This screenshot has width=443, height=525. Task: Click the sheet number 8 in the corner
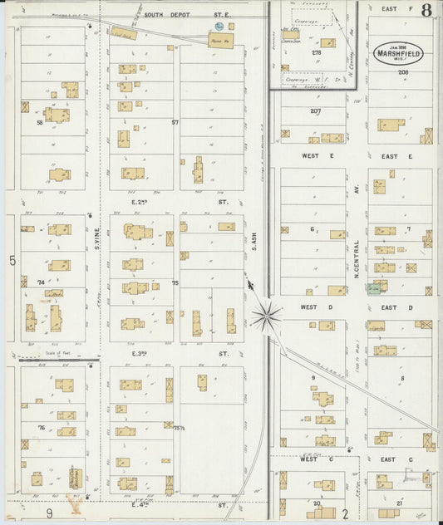tap(426, 11)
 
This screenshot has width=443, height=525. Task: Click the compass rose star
tap(267, 314)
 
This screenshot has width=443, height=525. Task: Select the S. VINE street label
tap(96, 244)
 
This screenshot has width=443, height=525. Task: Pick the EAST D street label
tap(397, 307)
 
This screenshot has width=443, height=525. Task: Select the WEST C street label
tap(309, 459)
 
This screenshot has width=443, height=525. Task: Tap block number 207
tap(315, 110)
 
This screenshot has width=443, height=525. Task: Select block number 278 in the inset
tap(316, 52)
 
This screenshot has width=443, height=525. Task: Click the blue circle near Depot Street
tap(209, 27)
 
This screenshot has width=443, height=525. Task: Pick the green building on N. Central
tap(376, 287)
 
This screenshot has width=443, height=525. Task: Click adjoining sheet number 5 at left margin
tap(12, 262)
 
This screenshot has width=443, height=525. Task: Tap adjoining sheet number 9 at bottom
tap(49, 513)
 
